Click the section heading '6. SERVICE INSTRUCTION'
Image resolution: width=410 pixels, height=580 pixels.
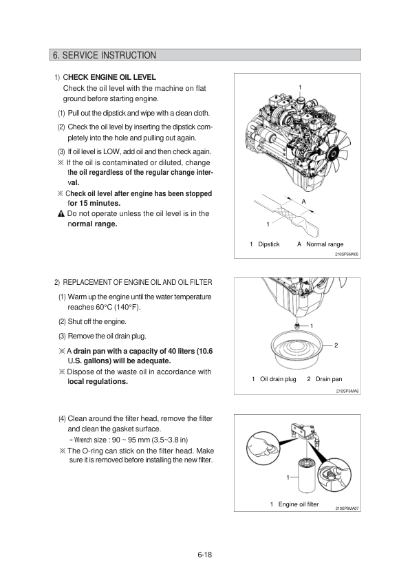tap(105, 55)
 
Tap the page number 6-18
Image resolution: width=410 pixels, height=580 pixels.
tap(204, 555)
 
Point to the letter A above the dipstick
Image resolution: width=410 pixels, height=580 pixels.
tap(304, 202)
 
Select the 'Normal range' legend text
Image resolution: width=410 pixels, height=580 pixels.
tap(325, 244)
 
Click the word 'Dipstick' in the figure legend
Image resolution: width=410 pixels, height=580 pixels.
tap(269, 244)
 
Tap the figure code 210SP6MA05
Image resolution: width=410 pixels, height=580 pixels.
tap(347, 255)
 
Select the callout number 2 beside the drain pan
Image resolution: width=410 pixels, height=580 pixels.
tap(336, 345)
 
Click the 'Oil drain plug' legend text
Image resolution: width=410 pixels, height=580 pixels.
tap(278, 379)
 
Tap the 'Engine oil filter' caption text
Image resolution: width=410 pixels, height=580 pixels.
tap(299, 504)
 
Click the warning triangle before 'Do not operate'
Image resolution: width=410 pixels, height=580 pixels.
tap(61, 214)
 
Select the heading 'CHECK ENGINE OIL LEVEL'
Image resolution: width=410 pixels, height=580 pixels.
tap(109, 77)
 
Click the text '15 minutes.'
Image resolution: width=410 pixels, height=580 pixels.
tap(100, 203)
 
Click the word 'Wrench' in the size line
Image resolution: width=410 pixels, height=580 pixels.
tap(83, 440)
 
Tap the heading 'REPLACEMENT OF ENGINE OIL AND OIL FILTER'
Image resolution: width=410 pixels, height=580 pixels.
tap(138, 282)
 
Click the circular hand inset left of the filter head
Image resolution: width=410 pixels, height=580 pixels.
tap(263, 449)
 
